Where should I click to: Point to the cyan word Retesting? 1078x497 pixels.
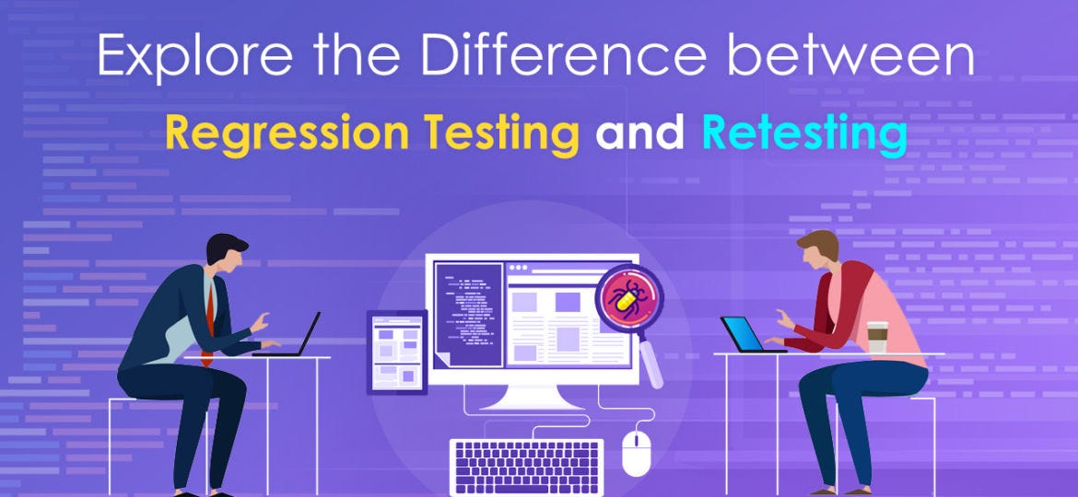point(803,133)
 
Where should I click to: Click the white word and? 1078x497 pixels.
point(639,133)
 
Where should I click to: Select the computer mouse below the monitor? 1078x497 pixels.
point(636,452)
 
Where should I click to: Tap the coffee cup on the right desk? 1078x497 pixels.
point(876,337)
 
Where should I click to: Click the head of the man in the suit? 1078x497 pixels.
point(227,253)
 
